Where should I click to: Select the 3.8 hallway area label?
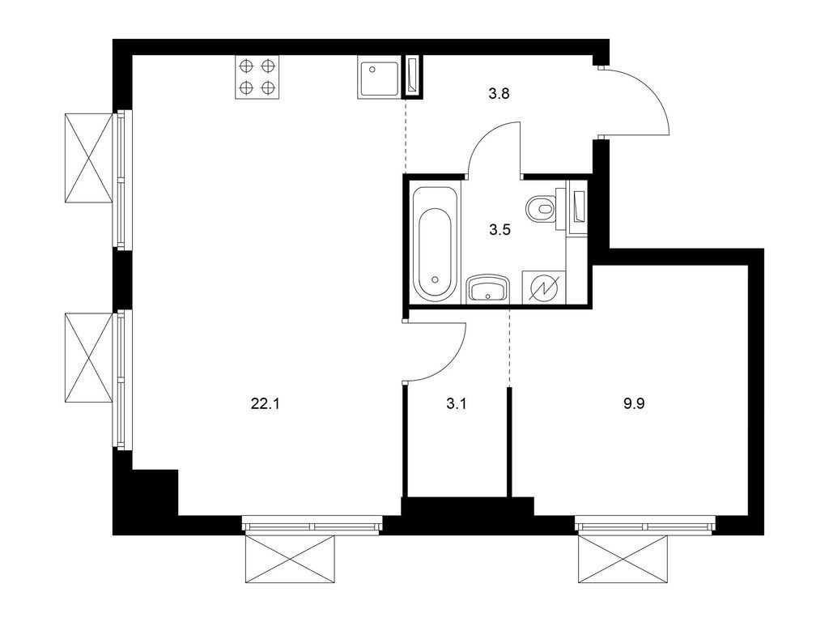498,93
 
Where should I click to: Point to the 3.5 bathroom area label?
499,229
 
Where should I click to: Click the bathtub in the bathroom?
436,243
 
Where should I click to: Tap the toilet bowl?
541,209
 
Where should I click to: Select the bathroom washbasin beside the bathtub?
487,288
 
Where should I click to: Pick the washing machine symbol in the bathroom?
543,288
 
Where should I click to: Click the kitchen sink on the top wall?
378,79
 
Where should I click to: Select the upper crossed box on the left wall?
87,158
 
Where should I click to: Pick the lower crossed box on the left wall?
87,357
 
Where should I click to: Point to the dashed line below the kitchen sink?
404,134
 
